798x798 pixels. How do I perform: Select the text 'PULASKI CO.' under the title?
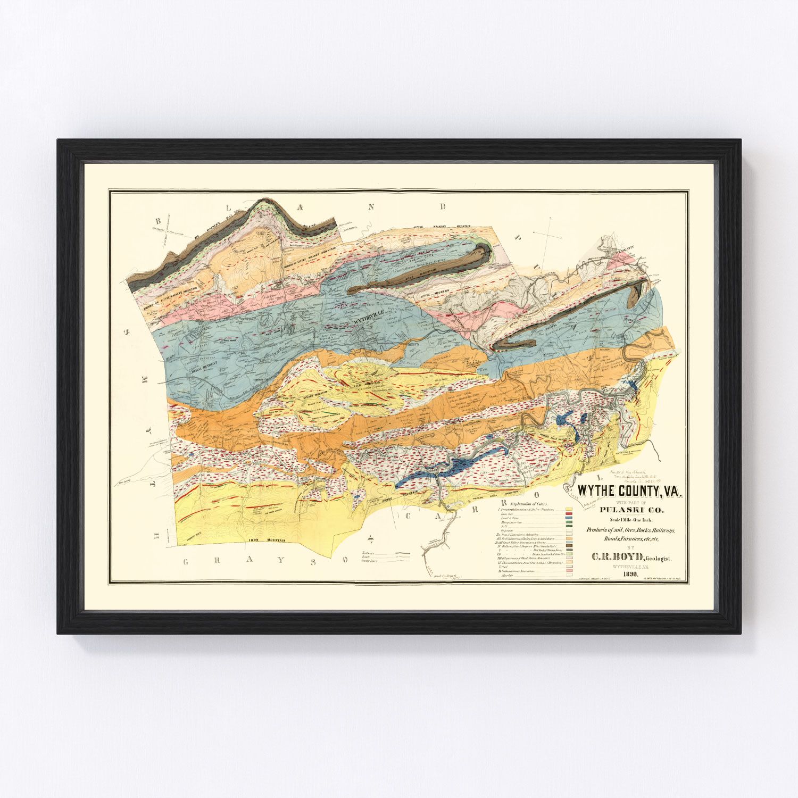click(x=630, y=511)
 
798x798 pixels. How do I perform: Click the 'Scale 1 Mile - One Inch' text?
click(x=631, y=520)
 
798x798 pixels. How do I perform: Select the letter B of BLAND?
click(x=158, y=220)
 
